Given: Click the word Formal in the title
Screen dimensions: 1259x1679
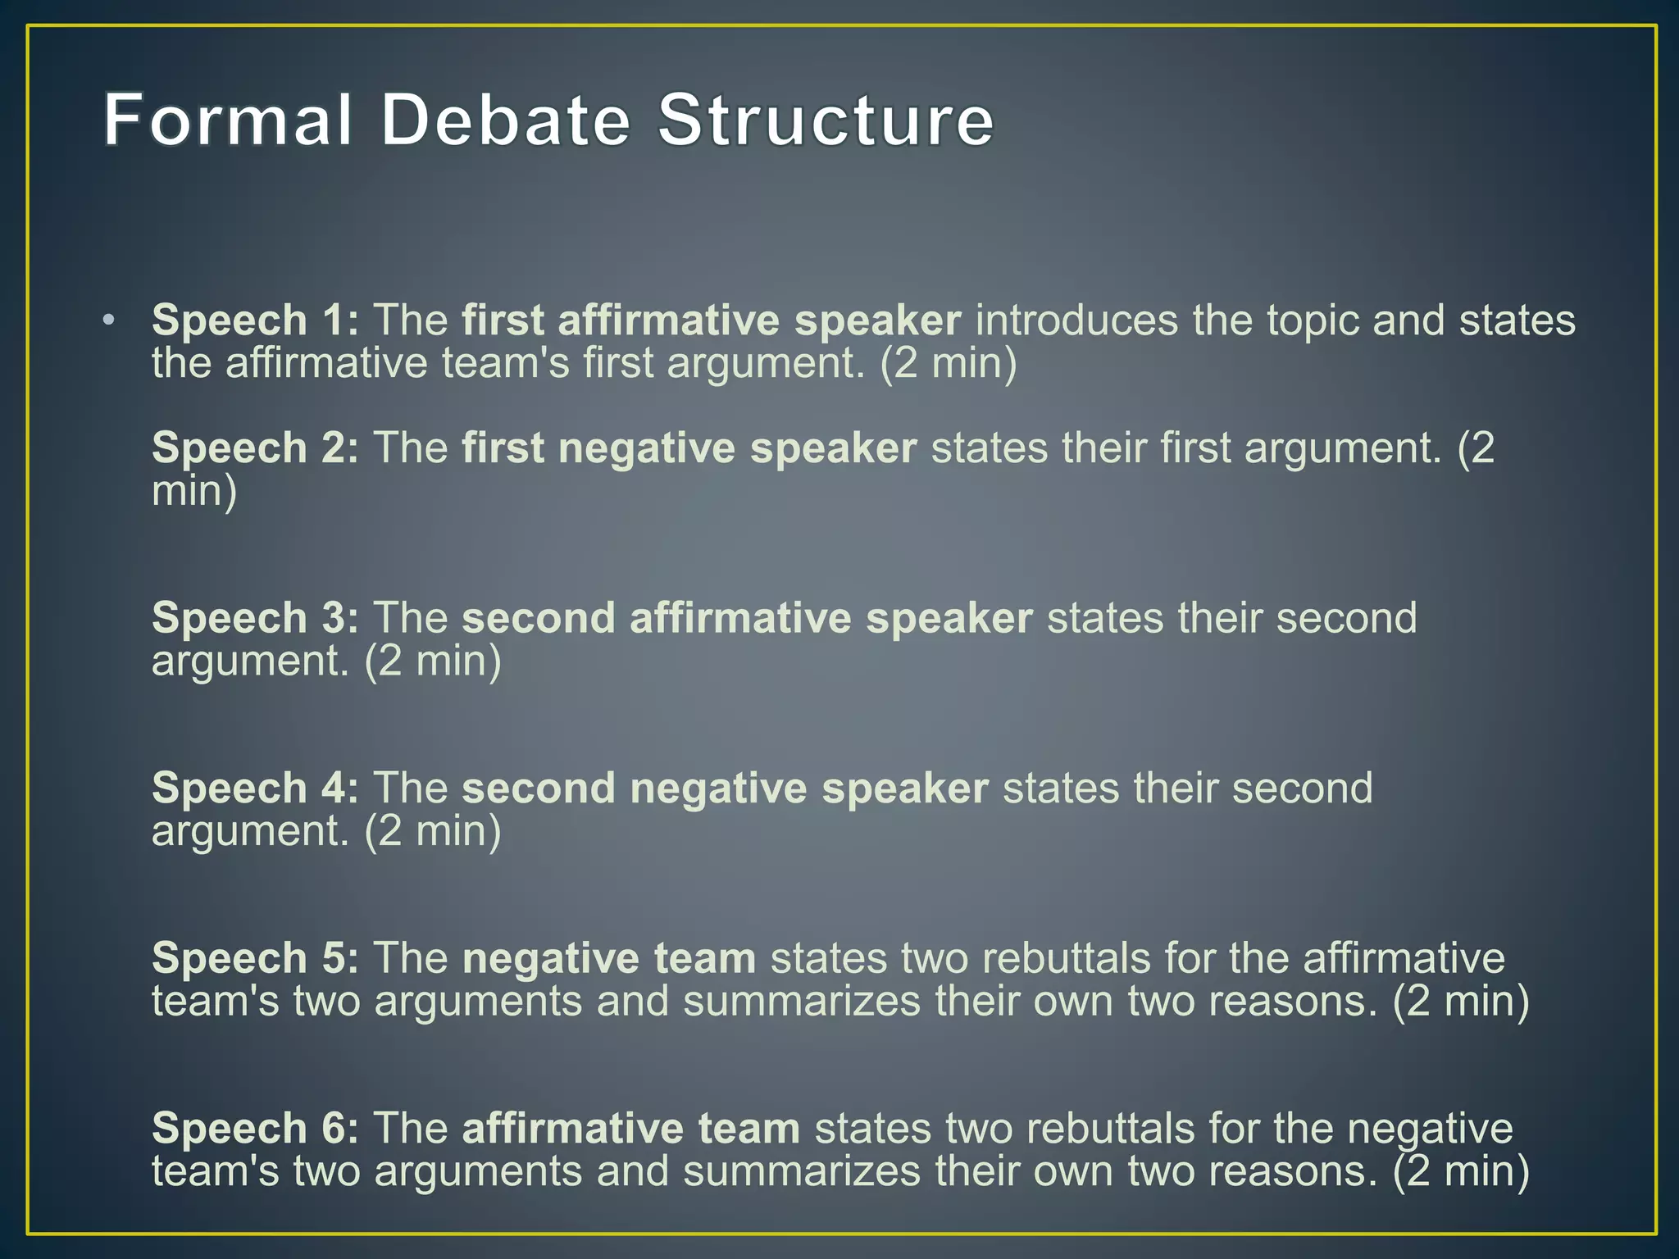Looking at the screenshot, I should [x=228, y=120].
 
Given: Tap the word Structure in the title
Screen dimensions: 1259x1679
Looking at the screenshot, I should [x=826, y=120].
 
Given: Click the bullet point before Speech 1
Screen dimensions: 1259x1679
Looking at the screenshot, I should [x=109, y=320].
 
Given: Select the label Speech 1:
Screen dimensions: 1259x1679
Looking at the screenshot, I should [x=255, y=320].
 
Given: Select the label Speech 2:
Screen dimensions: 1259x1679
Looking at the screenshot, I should [x=255, y=448].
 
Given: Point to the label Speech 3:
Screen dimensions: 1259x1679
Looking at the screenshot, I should [x=255, y=617].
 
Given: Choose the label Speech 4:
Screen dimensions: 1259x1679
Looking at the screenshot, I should [x=255, y=788].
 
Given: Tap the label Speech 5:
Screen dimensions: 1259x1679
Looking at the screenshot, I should [x=255, y=957].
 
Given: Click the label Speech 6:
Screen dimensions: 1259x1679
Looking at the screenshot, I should [x=255, y=1128].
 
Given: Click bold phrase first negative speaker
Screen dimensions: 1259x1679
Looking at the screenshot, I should [x=689, y=448].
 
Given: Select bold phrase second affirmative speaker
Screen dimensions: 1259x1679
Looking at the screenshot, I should [x=747, y=618].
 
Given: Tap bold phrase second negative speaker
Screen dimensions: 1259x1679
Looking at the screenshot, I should [x=725, y=789].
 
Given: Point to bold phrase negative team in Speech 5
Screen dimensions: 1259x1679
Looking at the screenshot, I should [x=608, y=958].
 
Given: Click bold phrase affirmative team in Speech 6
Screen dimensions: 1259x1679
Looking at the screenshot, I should [x=630, y=1128].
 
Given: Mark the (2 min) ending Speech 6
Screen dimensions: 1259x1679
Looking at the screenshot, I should [x=1461, y=1170].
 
